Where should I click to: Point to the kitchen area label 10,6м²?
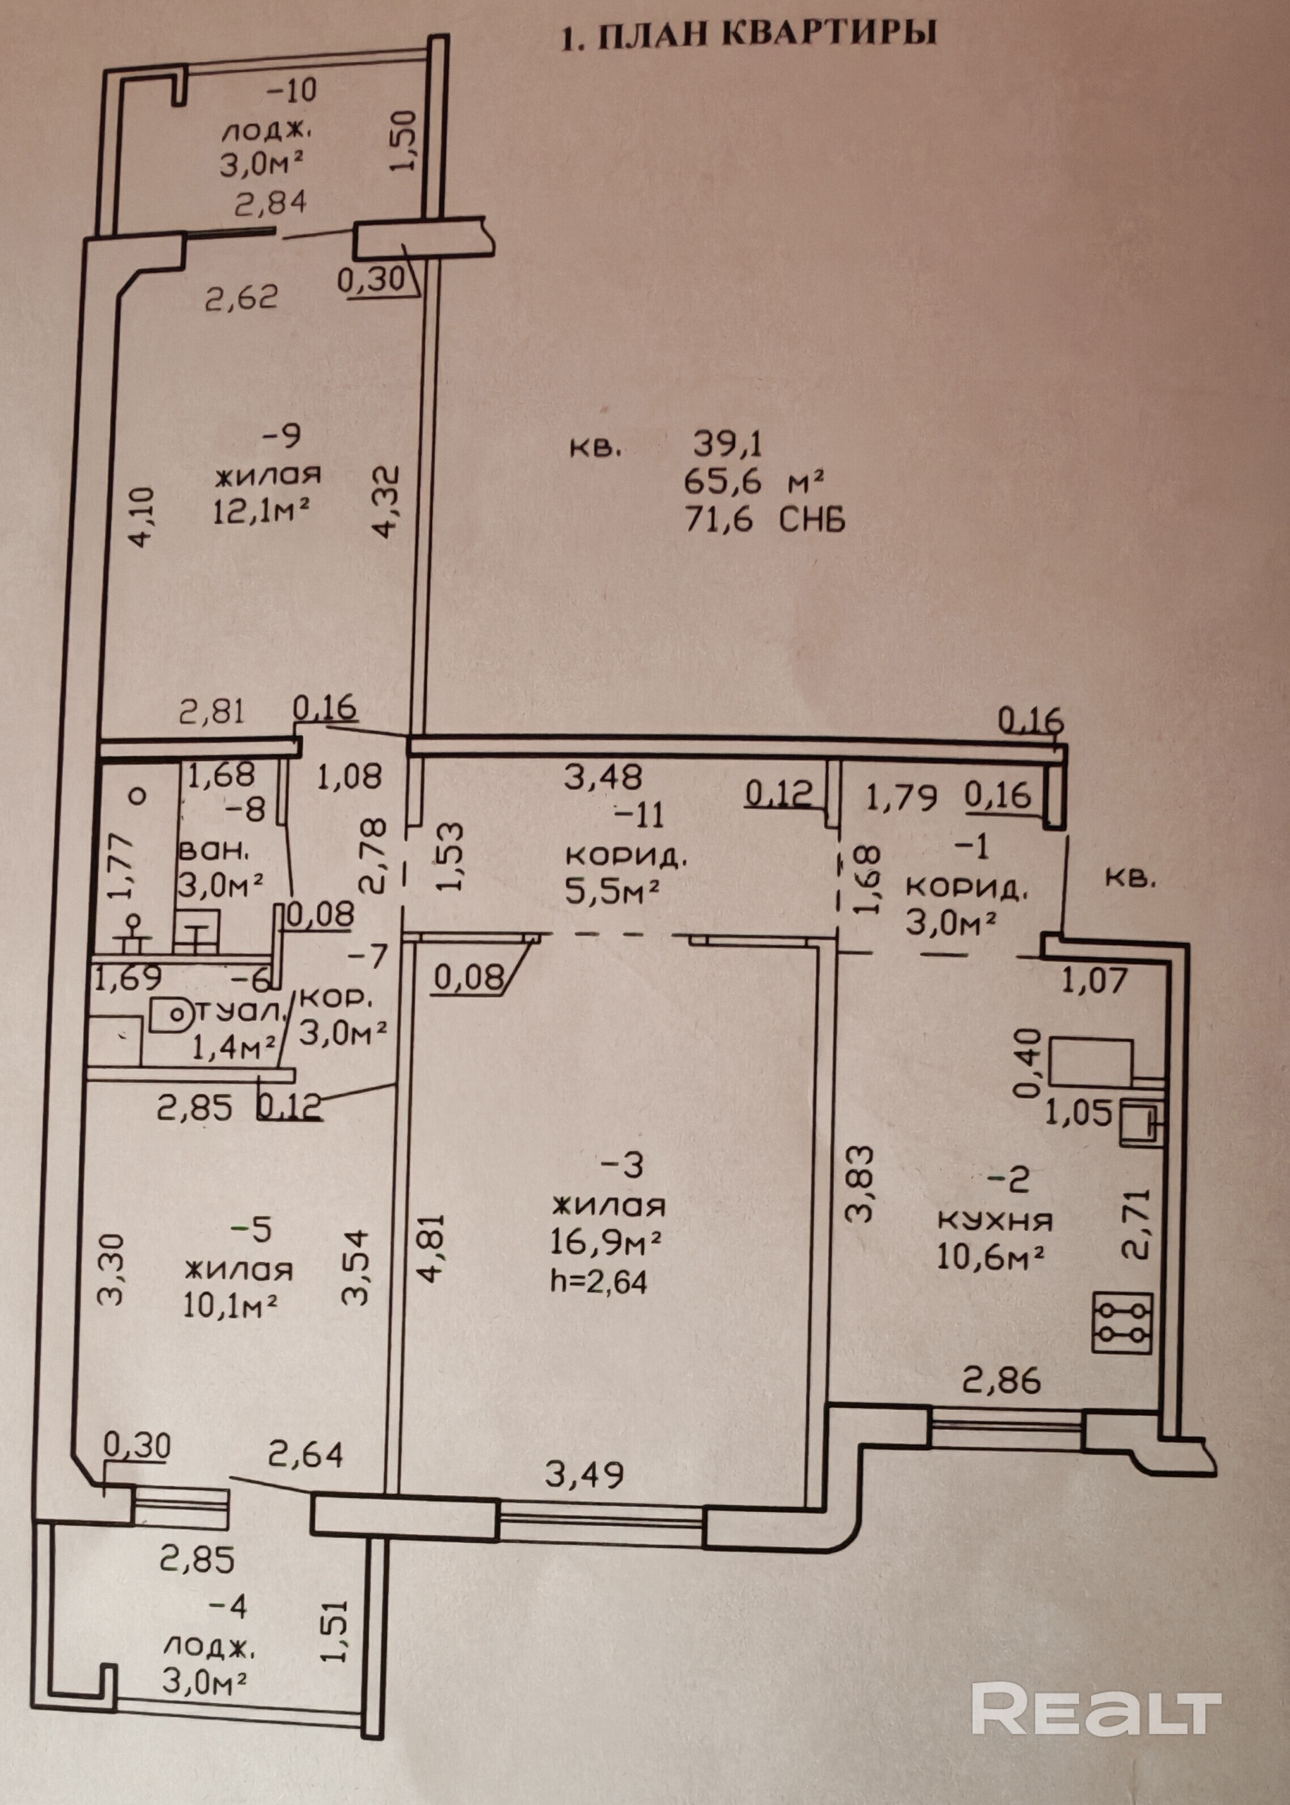click(990, 1257)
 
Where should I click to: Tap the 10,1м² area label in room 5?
click(229, 1305)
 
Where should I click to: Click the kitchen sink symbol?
click(1142, 1122)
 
